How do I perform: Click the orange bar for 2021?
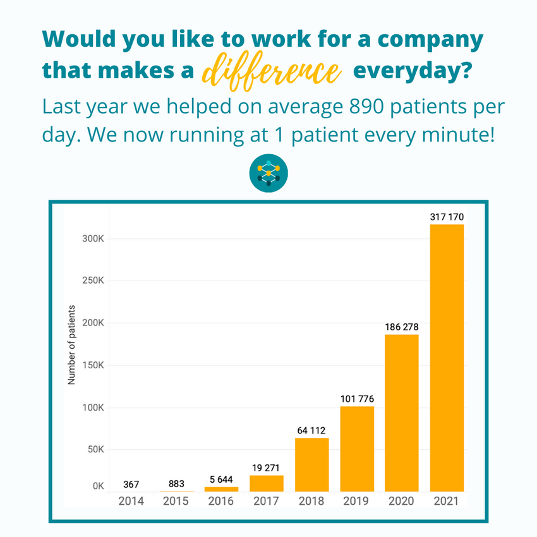click(447, 358)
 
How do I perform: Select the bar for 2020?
click(401, 413)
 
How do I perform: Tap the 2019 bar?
click(357, 449)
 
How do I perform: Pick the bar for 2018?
click(311, 465)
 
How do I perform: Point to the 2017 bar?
click(267, 483)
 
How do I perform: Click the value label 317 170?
click(447, 217)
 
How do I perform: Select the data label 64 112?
click(311, 430)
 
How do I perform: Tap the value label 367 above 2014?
click(131, 485)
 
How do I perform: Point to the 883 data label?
click(176, 483)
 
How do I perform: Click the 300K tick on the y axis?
click(93, 239)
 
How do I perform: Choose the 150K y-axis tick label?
click(93, 365)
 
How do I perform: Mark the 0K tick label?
click(99, 486)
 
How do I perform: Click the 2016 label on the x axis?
click(221, 501)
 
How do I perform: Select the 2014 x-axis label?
click(131, 501)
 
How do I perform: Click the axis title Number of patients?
click(71, 345)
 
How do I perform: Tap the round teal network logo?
click(268, 173)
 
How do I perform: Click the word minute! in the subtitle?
click(459, 134)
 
